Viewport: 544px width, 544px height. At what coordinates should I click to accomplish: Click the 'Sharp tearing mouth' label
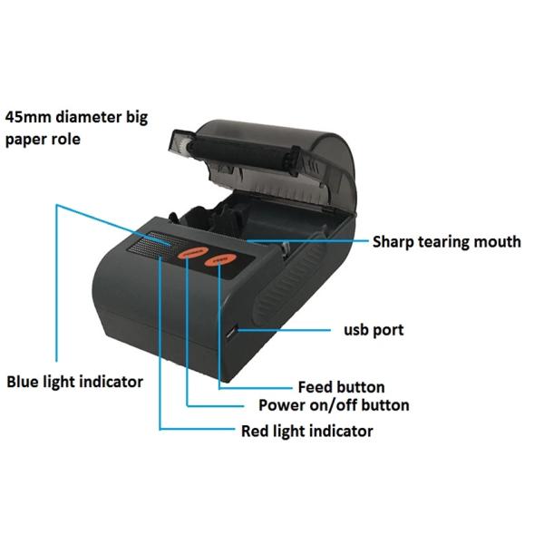(446, 241)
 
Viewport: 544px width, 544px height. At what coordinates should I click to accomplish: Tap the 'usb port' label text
(374, 330)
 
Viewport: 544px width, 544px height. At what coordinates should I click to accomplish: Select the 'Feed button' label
(341, 387)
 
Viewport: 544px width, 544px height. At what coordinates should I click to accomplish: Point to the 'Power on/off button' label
(334, 405)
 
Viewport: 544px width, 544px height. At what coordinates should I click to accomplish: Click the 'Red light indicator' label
(306, 431)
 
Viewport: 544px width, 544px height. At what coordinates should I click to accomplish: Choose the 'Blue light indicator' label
(74, 382)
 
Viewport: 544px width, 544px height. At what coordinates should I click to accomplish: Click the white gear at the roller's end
(180, 143)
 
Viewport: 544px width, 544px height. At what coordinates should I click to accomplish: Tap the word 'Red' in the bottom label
(256, 431)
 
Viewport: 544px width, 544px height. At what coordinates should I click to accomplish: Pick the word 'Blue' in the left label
(24, 382)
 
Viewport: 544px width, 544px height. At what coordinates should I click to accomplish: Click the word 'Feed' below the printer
(315, 387)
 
